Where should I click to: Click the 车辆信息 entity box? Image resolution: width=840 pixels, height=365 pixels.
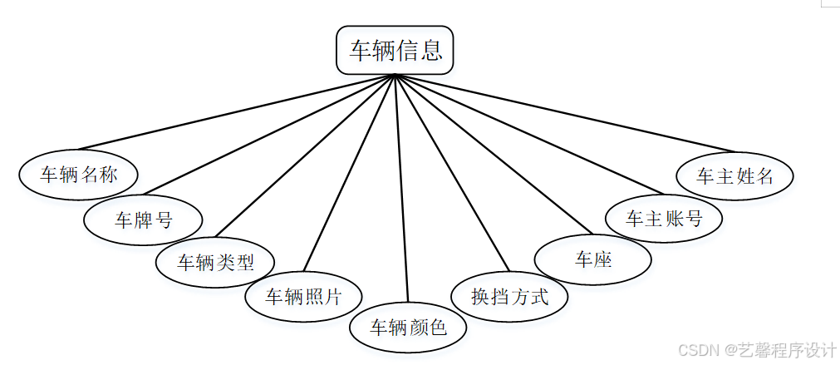(x=395, y=51)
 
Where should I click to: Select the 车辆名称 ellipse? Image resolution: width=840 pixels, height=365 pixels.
(x=79, y=175)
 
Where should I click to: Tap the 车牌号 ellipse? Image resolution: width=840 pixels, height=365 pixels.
(x=143, y=219)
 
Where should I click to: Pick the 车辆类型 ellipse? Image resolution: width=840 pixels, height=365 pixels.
(x=215, y=262)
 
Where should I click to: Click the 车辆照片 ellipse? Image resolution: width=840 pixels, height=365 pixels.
(x=303, y=295)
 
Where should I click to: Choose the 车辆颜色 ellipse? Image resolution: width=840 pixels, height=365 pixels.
(x=407, y=327)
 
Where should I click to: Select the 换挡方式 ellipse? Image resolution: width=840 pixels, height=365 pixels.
(x=509, y=295)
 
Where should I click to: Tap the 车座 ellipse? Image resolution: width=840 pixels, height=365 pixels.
(x=592, y=259)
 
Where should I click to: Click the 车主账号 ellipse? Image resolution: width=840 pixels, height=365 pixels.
(x=663, y=218)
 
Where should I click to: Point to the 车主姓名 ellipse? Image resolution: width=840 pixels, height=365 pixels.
(x=735, y=175)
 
